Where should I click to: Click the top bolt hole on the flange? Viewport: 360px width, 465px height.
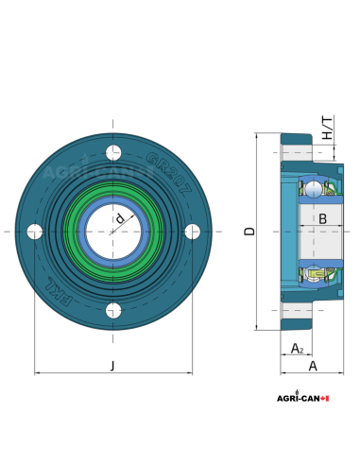pyautogui.click(x=113, y=152)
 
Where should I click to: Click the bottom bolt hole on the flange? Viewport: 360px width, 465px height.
pyautogui.click(x=113, y=310)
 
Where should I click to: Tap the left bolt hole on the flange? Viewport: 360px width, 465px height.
pyautogui.click(x=35, y=232)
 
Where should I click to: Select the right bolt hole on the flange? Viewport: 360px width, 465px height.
pyautogui.click(x=193, y=232)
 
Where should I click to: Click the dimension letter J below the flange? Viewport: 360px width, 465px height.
pyautogui.click(x=112, y=365)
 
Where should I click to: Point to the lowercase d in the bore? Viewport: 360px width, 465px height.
pyautogui.click(x=120, y=219)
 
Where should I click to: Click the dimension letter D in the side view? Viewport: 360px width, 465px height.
pyautogui.click(x=249, y=231)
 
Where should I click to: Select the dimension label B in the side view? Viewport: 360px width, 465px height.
pyautogui.click(x=321, y=219)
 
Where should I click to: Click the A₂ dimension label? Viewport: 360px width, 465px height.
pyautogui.click(x=297, y=349)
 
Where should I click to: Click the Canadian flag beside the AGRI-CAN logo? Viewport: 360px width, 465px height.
pyautogui.click(x=325, y=399)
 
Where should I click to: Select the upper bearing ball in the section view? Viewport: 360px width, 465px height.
pyautogui.click(x=314, y=189)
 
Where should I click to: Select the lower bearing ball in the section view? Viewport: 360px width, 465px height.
pyautogui.click(x=314, y=274)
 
